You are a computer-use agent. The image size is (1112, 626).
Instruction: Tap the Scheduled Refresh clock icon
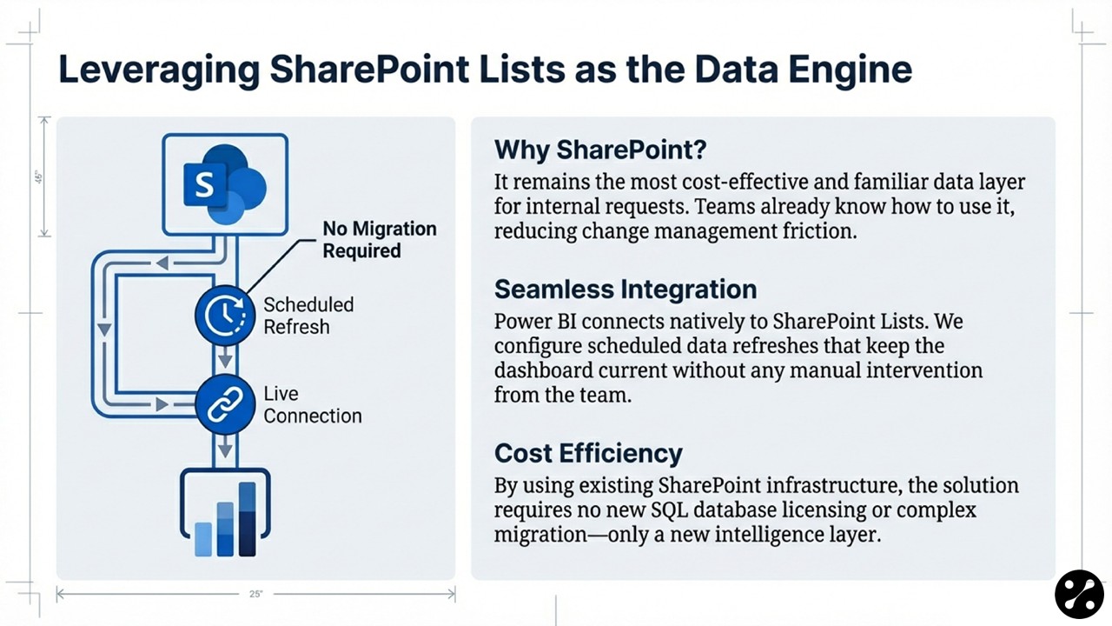coord(225,316)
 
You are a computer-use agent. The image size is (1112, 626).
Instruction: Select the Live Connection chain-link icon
coord(225,404)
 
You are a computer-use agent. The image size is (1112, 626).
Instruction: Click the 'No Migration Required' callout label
coord(380,239)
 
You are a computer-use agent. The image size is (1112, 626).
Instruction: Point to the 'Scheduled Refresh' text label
coord(308,316)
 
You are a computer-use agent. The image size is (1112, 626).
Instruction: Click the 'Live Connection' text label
coord(312,405)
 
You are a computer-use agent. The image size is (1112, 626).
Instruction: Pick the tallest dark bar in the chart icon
coord(248,519)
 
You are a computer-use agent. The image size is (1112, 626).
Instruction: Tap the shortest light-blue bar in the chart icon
coord(203,539)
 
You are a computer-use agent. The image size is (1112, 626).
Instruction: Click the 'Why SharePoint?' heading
coord(600,150)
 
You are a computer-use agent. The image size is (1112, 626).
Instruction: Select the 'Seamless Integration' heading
coord(625,290)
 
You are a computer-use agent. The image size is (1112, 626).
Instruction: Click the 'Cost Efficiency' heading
coord(588,453)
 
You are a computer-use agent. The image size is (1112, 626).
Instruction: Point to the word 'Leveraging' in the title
coord(159,70)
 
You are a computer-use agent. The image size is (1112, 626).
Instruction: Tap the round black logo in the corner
coord(1079,594)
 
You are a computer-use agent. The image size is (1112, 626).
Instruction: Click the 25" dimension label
coord(256,594)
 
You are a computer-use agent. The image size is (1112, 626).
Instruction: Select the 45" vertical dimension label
coord(39,177)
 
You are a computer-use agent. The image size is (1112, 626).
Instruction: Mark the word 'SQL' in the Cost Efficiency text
coord(669,510)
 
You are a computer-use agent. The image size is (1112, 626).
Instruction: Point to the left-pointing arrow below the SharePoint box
coord(162,263)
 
